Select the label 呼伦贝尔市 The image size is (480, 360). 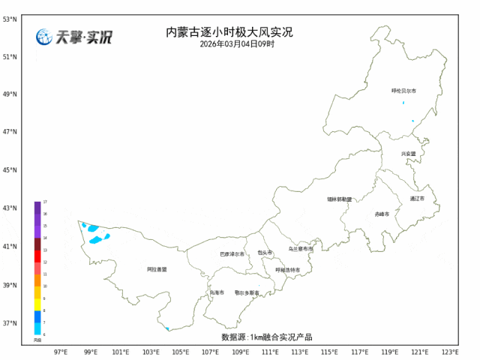pos(403,91)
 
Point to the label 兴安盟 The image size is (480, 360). pos(408,154)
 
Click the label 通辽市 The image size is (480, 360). pos(417,199)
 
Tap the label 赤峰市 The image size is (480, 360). pos(382,214)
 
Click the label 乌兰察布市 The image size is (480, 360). pos(301,248)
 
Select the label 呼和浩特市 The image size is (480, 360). pos(287,269)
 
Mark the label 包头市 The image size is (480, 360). pos(265,253)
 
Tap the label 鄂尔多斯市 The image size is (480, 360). pos(247,292)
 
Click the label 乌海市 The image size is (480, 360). pos(217,292)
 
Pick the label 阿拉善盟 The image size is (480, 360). pos(157,268)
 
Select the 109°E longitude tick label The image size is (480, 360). pos(240,351)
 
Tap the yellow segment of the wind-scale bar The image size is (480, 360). pos(37,304)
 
